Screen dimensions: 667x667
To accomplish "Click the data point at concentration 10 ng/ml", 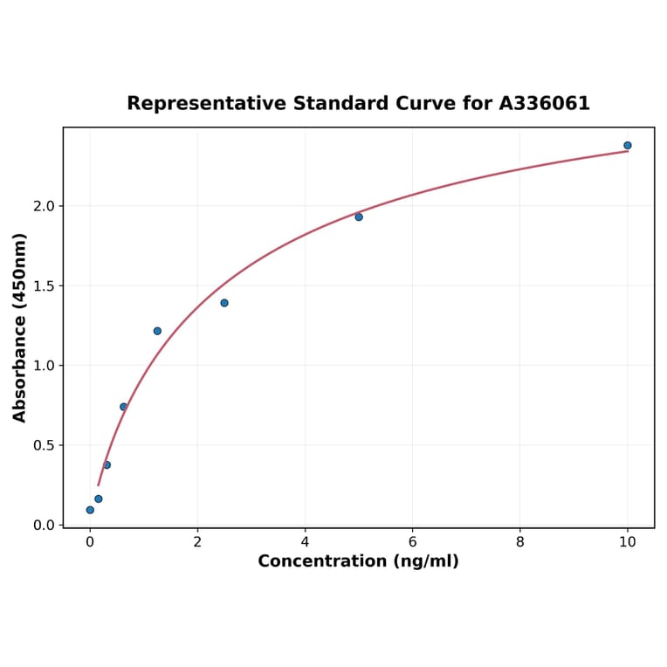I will point(628,146).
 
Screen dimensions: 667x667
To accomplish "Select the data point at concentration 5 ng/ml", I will point(359,217).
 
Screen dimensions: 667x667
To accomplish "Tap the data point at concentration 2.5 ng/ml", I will point(224,303).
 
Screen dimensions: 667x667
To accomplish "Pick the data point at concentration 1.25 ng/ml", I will point(157,331).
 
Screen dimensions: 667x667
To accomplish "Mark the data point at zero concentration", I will point(90,510).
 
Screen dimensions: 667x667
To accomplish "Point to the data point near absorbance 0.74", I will point(123,407).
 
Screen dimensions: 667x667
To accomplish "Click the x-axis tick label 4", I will point(305,542).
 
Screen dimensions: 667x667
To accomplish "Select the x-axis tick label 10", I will point(628,542).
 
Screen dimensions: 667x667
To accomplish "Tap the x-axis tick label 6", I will point(412,542).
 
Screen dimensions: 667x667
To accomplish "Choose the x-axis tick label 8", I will point(520,542).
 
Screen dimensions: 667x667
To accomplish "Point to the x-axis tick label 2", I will point(197,542).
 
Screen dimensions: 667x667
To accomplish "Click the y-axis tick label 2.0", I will point(43,206).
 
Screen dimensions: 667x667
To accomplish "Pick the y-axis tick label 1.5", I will point(43,286).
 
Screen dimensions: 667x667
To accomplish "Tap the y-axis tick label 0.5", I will point(43,445).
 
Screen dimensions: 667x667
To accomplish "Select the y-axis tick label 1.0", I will point(43,366).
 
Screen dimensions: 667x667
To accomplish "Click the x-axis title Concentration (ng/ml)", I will point(358,561).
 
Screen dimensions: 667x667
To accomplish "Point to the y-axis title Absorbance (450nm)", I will point(19,327).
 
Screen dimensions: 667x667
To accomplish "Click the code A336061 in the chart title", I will point(545,104).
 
